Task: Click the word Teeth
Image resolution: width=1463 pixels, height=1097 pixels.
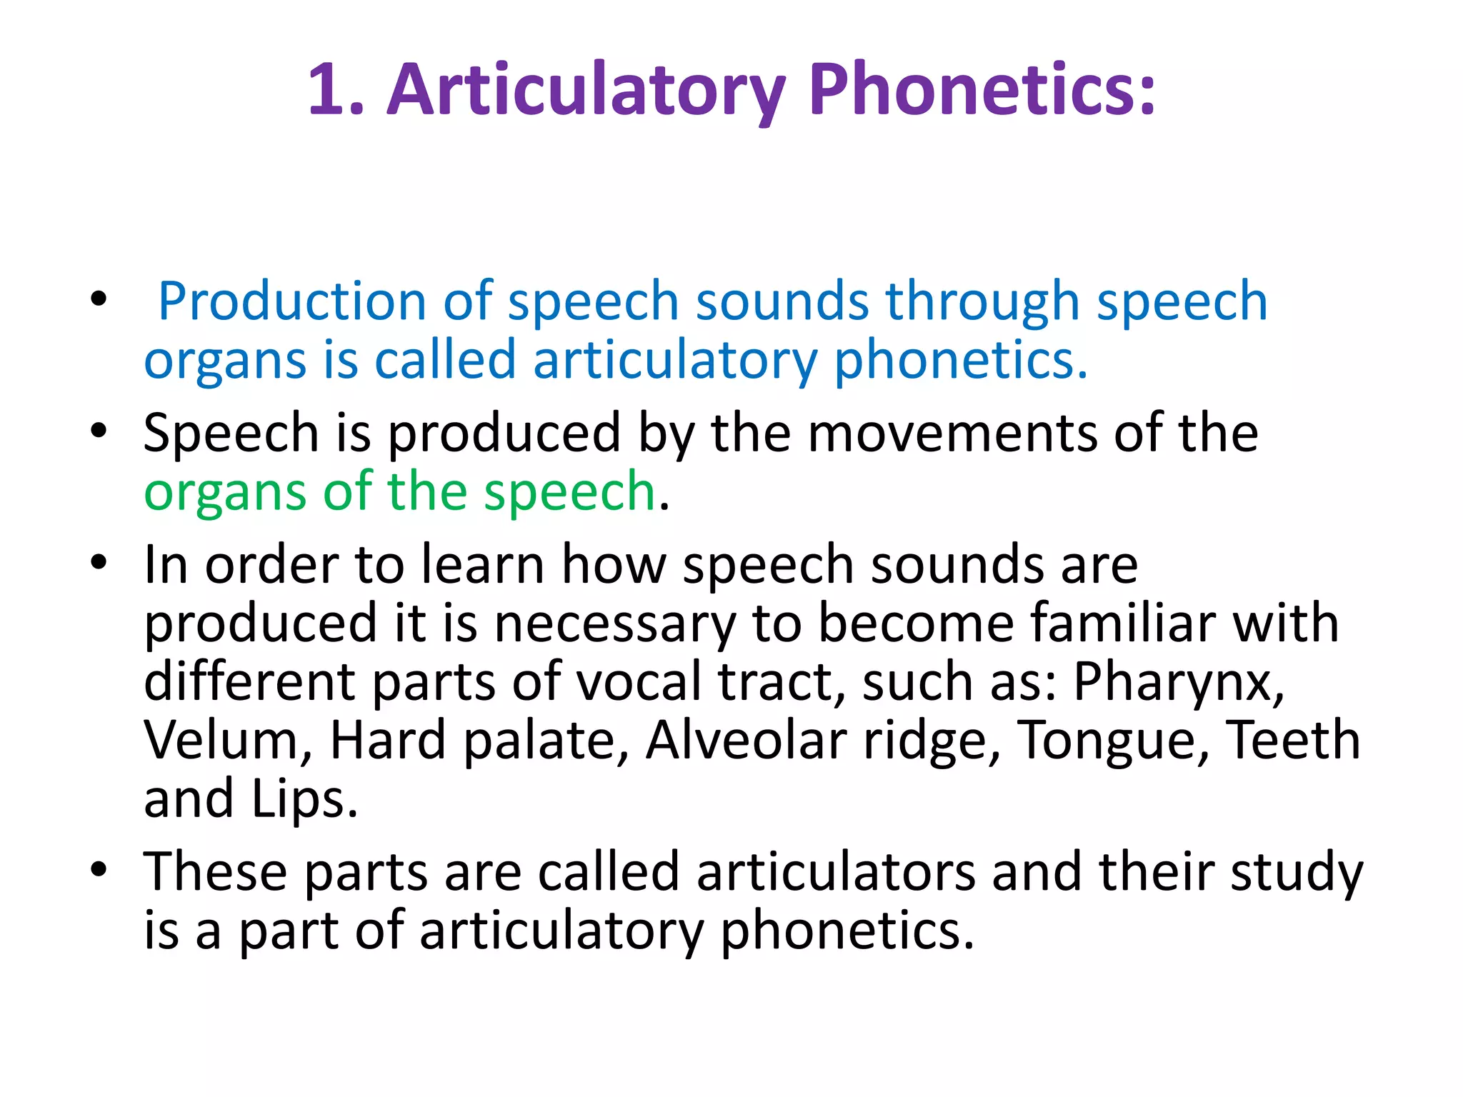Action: [x=1293, y=741]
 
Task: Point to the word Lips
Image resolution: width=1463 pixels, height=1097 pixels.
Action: [x=304, y=800]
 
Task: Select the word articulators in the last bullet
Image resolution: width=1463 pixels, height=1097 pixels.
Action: [x=836, y=873]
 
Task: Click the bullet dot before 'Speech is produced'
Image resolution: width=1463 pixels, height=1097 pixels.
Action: [x=99, y=431]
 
